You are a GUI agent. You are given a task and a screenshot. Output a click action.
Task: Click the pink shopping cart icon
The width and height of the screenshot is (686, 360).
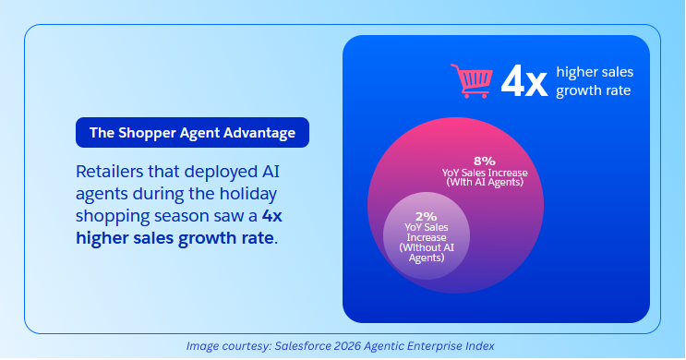coord(472,81)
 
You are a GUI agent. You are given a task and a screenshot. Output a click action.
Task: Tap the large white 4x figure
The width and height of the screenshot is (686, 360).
coord(524,82)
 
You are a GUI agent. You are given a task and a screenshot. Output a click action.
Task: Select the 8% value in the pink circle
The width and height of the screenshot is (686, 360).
coord(485,161)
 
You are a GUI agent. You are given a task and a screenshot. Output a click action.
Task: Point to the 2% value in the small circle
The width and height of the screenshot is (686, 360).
coord(427,217)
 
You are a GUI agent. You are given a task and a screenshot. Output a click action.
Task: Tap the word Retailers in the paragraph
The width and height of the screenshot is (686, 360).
coord(109,172)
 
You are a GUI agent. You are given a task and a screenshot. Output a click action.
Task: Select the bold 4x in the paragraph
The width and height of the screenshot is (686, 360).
coord(272,216)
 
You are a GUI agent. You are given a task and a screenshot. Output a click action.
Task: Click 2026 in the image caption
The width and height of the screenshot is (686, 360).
coord(347,346)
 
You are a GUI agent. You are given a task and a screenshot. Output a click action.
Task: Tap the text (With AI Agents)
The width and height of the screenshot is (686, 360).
coord(485,183)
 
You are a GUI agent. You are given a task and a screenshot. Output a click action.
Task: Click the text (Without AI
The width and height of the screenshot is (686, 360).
coord(427,247)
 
